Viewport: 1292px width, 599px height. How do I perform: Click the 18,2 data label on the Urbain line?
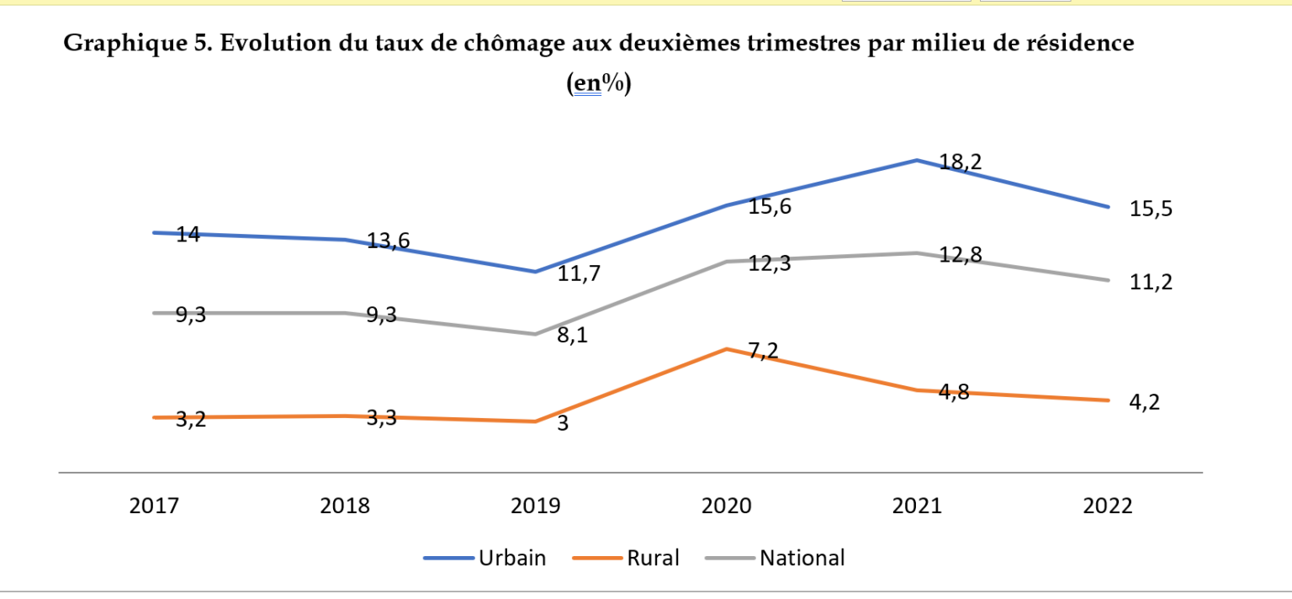point(960,162)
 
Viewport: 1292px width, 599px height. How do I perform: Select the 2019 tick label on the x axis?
point(536,506)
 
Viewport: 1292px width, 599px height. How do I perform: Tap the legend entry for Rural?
point(652,558)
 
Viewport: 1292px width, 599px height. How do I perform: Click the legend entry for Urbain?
point(511,558)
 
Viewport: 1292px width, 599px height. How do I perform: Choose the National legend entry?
point(802,558)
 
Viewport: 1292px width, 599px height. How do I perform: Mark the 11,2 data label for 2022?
point(1151,283)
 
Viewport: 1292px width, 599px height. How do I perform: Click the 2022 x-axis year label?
point(1108,506)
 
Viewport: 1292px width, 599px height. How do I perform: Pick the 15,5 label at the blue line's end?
point(1151,209)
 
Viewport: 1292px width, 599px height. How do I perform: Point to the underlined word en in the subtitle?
point(585,83)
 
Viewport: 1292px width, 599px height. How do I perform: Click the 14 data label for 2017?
point(188,235)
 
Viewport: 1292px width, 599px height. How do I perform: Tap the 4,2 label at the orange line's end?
point(1144,403)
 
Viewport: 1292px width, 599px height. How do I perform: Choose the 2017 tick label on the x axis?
point(154,506)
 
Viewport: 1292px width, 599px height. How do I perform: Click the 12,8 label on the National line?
point(960,255)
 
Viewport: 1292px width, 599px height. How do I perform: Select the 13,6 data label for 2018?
point(388,242)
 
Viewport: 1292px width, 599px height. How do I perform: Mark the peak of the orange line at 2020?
point(727,348)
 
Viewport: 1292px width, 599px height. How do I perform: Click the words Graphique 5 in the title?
point(138,43)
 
